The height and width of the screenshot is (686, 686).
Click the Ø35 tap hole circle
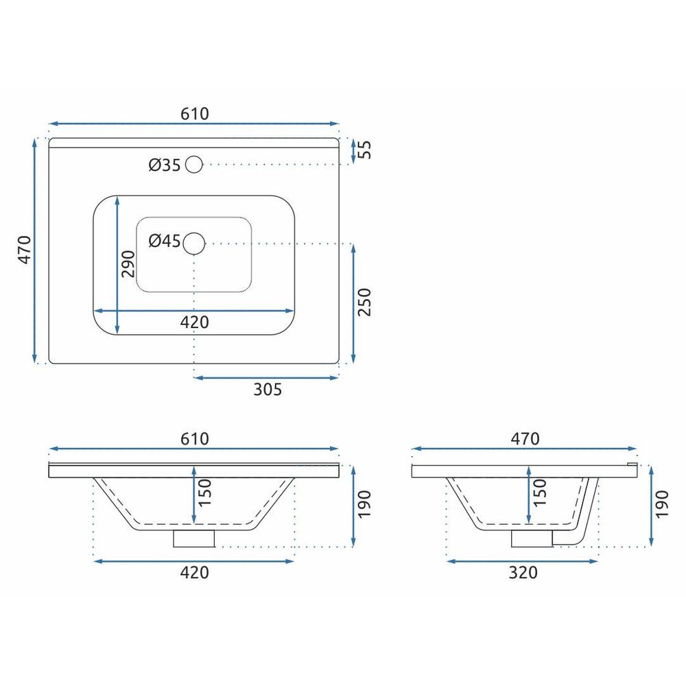pos(194,165)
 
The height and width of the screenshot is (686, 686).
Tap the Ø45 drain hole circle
pos(195,242)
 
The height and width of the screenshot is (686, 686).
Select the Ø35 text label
pos(165,165)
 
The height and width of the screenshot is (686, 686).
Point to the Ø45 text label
pos(165,241)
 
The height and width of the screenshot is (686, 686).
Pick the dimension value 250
pos(364,302)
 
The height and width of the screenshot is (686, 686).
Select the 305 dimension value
pos(268,390)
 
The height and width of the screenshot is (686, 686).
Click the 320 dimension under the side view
pos(523,573)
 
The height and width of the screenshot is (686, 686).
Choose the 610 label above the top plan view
pos(195,113)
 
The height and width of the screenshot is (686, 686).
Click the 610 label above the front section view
pos(195,438)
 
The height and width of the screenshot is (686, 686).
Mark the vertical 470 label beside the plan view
pos(25,250)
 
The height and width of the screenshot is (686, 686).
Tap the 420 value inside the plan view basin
pos(195,322)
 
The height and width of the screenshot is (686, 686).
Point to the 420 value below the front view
pos(195,573)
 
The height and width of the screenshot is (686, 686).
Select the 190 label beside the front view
pos(364,504)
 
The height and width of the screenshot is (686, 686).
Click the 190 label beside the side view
pos(661,504)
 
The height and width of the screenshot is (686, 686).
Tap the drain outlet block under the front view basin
pos(194,539)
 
